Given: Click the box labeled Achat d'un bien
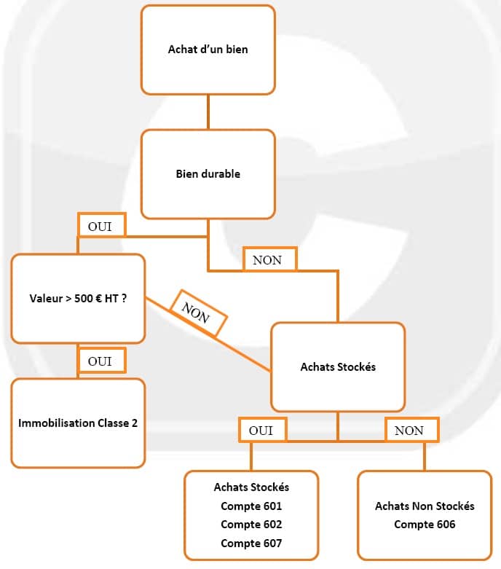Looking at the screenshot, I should click(208, 50).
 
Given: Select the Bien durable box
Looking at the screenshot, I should click(208, 174).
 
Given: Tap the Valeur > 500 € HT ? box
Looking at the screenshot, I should click(78, 298).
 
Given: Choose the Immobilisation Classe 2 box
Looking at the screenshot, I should click(78, 423).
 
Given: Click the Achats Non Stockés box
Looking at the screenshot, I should click(424, 514).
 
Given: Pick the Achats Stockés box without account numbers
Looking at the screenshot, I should click(338, 367).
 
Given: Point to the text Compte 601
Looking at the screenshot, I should click(251, 506).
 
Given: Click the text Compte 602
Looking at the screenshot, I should click(251, 525).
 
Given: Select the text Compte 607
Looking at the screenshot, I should click(251, 544).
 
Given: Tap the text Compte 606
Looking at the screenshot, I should click(425, 525).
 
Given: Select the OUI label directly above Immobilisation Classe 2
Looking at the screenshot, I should click(101, 361).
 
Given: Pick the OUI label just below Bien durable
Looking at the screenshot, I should click(101, 226).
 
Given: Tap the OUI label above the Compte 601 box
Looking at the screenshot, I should click(262, 430).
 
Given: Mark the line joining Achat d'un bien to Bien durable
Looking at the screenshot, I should click(208, 111).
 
